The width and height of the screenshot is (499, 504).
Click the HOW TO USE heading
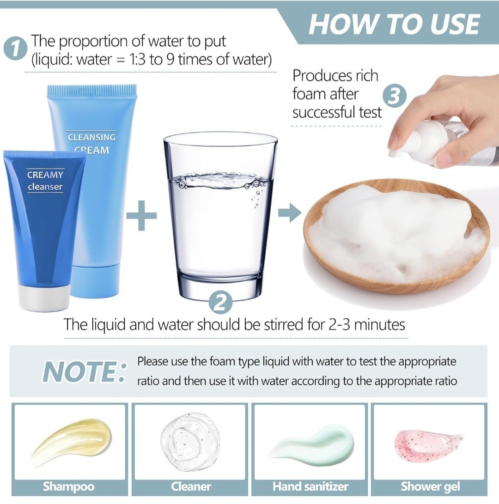(394, 24)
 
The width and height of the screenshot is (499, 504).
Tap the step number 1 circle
(17, 49)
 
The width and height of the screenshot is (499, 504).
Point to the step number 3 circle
(395, 97)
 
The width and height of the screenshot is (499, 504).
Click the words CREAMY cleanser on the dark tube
(45, 181)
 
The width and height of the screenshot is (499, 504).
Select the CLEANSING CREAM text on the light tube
(91, 143)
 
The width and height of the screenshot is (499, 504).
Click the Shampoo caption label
(68, 486)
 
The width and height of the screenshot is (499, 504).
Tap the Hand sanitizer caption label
(310, 486)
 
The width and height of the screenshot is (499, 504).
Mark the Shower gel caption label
(430, 486)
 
